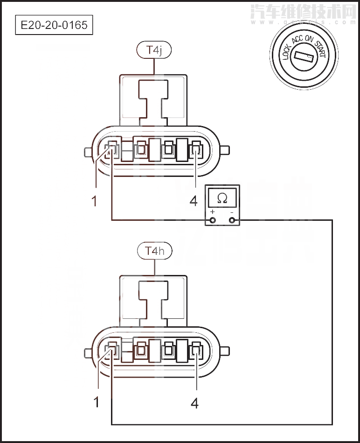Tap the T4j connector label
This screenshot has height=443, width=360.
click(154, 50)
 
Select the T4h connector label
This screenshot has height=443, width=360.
click(154, 251)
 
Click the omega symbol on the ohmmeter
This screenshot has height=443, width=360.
click(222, 198)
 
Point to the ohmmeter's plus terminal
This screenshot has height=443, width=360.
click(213, 219)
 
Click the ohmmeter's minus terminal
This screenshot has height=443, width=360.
click(232, 219)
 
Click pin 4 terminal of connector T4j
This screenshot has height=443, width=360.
click(196, 151)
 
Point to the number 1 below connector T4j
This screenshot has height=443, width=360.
click(95, 201)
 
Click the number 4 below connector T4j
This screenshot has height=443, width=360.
click(194, 201)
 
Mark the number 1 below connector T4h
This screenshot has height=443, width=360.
click(97, 402)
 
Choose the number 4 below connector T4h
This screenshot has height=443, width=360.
click(194, 403)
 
